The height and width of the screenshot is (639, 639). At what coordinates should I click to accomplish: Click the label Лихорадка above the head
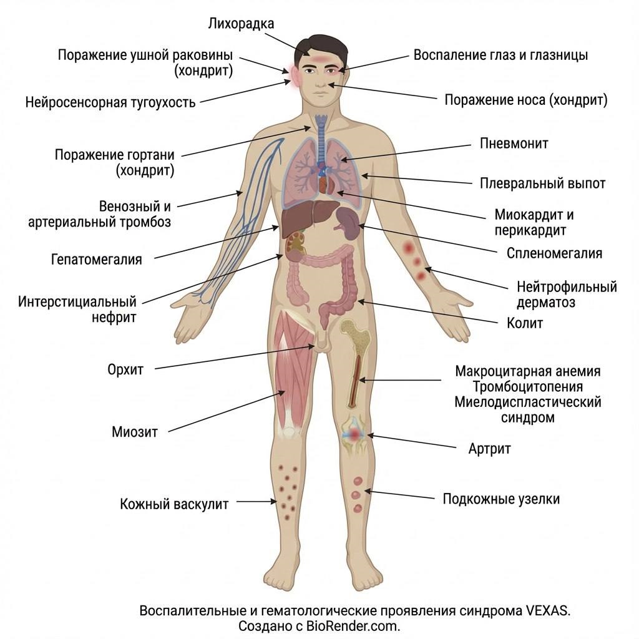tap(240, 24)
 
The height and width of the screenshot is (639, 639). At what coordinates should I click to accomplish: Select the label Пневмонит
tap(514, 144)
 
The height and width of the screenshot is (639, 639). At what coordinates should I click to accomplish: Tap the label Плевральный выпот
tap(542, 183)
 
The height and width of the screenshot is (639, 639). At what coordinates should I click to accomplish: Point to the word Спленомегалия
tap(554, 253)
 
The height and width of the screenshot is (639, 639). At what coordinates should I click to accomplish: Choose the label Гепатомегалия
tap(96, 259)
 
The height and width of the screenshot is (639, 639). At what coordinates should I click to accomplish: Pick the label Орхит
tap(125, 369)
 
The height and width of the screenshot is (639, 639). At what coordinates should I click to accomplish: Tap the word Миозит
tap(134, 431)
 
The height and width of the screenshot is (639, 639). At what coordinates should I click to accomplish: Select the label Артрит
tap(489, 449)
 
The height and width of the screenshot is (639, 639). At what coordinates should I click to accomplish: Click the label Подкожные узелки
tap(501, 499)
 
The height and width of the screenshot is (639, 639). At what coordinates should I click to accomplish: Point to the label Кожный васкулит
tap(174, 504)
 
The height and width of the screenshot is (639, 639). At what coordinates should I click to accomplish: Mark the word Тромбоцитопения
tap(528, 386)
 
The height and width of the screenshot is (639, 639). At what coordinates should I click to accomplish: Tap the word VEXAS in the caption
tap(550, 610)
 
